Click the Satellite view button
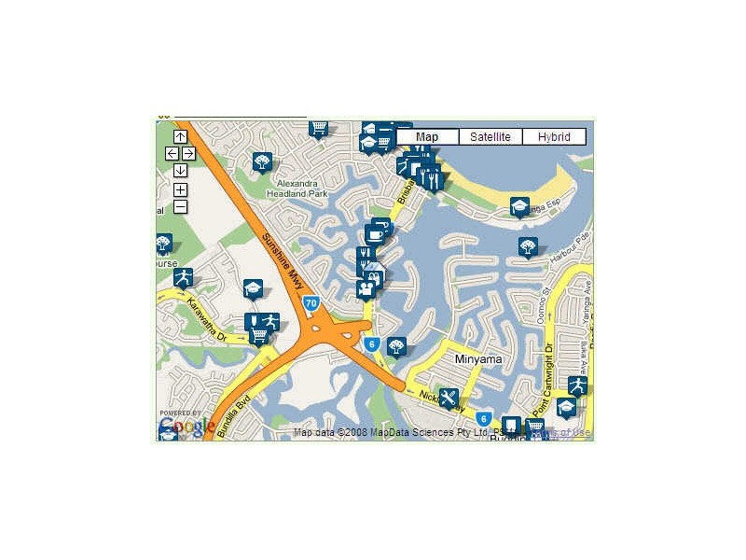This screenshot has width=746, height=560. coord(490,137)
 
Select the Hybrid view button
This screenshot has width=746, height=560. coord(554,137)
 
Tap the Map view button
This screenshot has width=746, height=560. coord(427,137)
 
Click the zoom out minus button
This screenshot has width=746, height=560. coord(180,206)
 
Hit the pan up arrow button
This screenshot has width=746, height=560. coord(180,137)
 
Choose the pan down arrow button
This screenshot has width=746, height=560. coord(180,170)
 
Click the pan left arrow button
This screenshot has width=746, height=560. coord(172,153)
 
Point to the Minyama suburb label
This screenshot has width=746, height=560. coord(478,358)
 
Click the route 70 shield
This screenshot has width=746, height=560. coord(311,302)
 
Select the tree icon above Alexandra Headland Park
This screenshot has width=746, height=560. coord(262,161)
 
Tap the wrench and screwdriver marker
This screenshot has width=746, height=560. coord(449,399)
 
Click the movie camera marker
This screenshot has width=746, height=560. coord(366,289)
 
